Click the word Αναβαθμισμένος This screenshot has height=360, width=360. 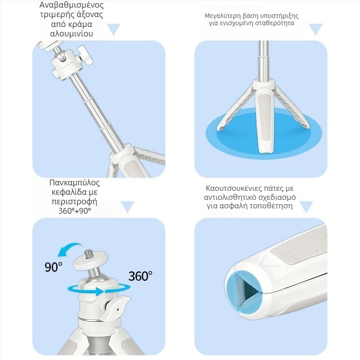click(72, 5)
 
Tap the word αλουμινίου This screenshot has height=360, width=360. click(72, 34)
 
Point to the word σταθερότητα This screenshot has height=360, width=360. click(274, 23)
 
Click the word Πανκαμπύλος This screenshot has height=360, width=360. click(75, 183)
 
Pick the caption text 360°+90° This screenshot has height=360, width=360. click(75, 211)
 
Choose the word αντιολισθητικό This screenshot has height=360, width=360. click(230, 197)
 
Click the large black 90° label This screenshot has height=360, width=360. click(53, 267)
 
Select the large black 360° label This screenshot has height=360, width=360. click(140, 276)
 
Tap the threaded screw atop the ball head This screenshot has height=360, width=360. click(89, 254)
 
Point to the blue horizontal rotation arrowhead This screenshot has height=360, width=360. click(99, 291)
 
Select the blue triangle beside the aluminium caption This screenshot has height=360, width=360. click(114, 29)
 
